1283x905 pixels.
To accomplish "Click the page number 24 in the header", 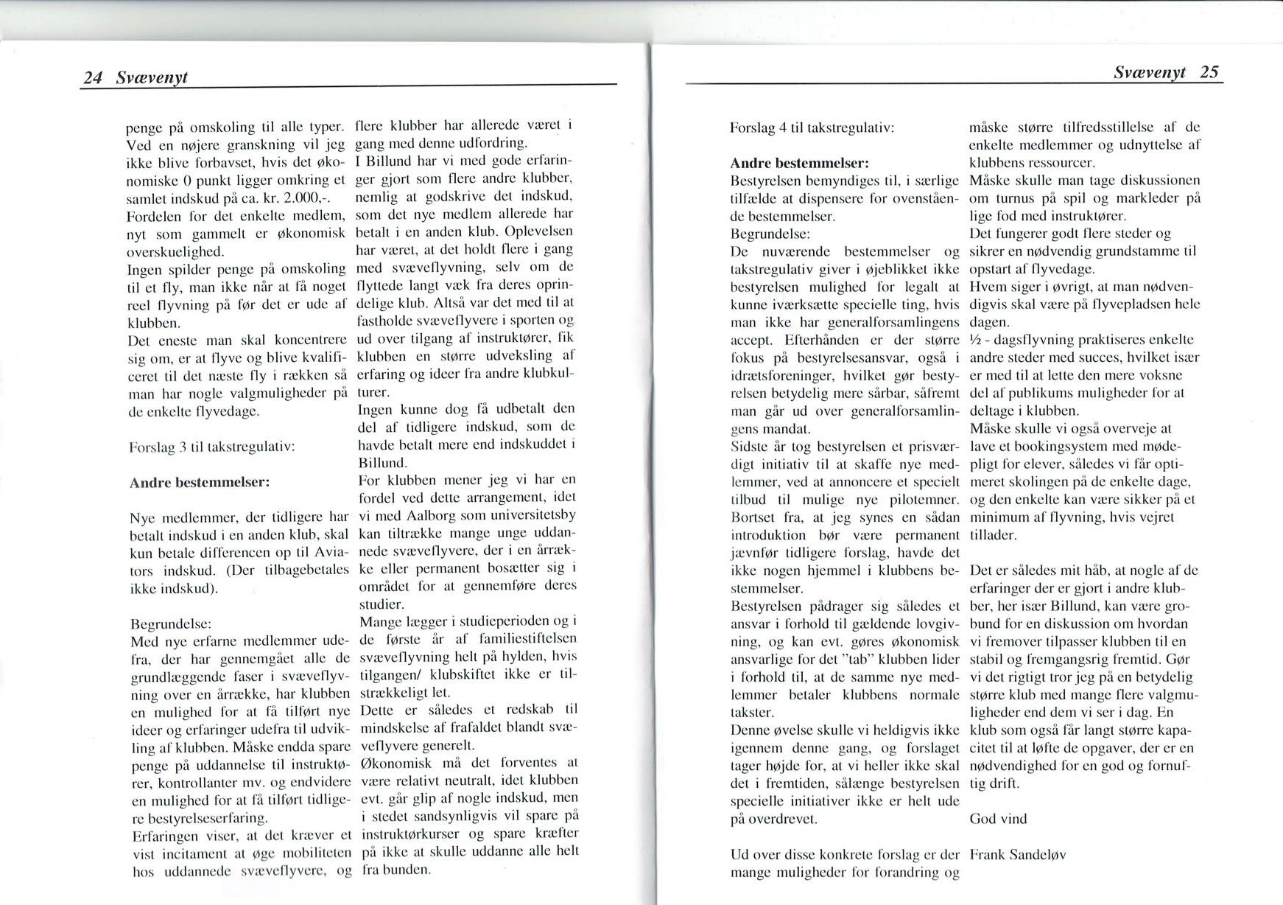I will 92,77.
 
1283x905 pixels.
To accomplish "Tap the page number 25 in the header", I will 1209,72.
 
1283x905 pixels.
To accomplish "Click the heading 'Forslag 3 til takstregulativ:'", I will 212,447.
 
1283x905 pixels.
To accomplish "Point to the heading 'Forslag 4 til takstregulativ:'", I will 812,127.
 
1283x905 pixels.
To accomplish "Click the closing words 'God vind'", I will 998,819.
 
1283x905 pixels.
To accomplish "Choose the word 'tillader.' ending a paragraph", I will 993,535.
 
